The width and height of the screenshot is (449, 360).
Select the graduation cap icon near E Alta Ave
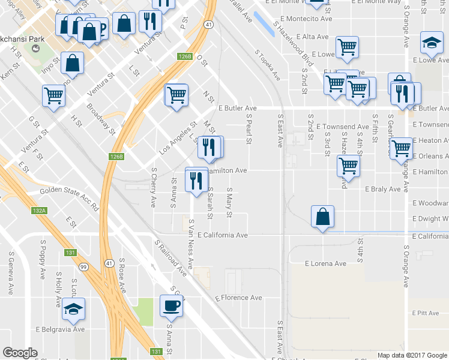coord(432,43)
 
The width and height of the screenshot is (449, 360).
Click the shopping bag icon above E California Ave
coord(323,217)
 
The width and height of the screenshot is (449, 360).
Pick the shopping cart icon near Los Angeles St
coord(176,94)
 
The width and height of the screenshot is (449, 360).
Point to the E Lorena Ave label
coord(325,263)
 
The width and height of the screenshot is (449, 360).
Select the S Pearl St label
coord(248,130)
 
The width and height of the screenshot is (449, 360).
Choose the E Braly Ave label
coord(382,189)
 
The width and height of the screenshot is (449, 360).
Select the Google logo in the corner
coord(20,352)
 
